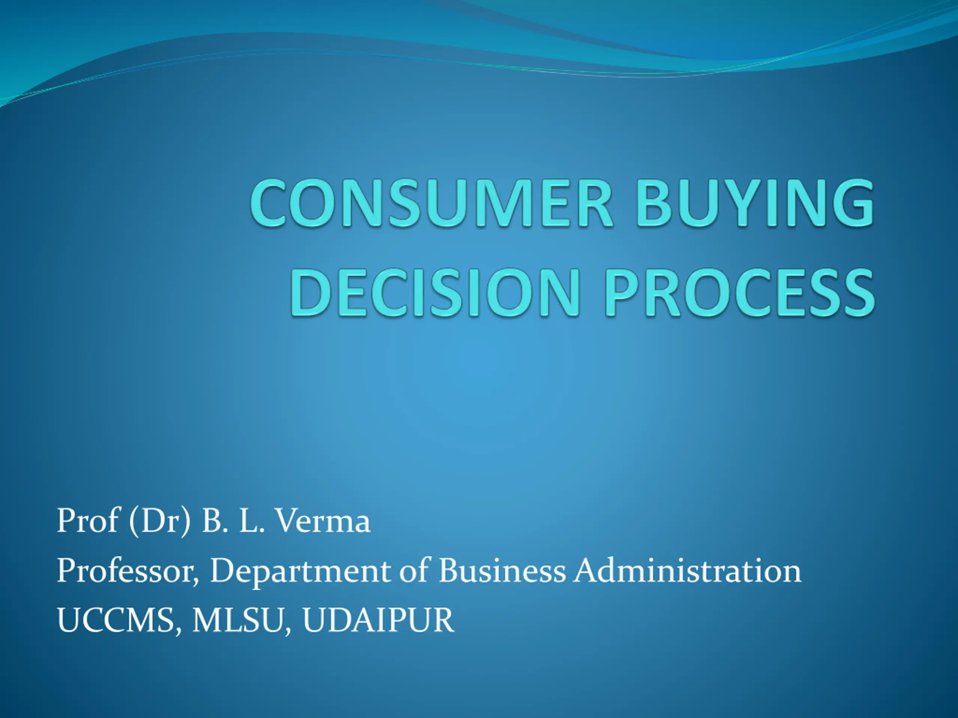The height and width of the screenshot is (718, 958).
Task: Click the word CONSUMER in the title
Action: click(431, 203)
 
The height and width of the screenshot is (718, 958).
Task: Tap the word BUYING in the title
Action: click(755, 203)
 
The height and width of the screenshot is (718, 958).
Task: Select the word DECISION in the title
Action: click(435, 292)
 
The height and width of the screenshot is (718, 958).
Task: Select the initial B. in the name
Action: click(214, 520)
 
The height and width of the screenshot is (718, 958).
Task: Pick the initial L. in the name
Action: click(251, 520)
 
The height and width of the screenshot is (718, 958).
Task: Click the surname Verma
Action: click(323, 520)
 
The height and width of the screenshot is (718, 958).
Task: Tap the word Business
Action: click(502, 570)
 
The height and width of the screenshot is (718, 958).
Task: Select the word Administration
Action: click(688, 570)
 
